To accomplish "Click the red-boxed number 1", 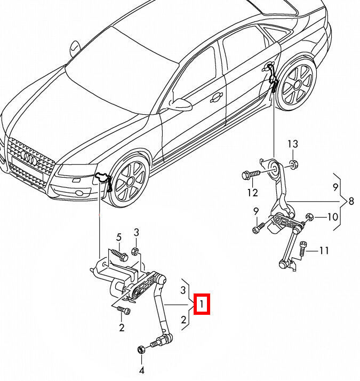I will click(202, 305).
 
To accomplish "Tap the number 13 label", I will click(293, 144).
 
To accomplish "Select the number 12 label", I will click(252, 192).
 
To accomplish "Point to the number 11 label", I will click(324, 250).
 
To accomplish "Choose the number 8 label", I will click(351, 202).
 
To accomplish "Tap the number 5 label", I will click(119, 237).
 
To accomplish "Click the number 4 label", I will click(142, 370).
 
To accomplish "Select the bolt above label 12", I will click(250, 174).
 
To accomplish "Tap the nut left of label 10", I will click(309, 217).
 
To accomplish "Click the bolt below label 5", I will click(121, 256).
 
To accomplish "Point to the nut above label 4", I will click(141, 350).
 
